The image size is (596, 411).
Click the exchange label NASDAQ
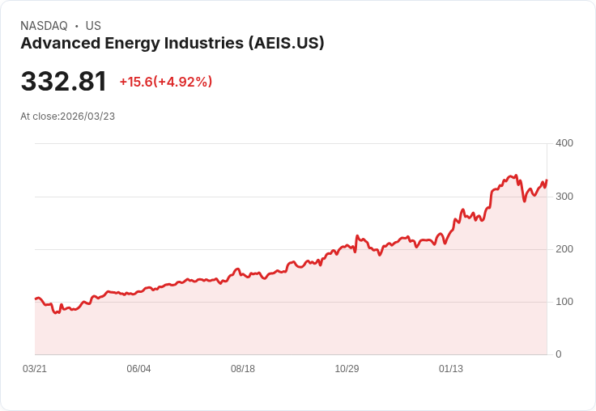tap(44, 26)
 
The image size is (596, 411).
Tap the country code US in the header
tap(93, 26)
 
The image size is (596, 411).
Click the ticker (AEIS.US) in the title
tap(286, 44)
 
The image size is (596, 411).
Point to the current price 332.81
tap(63, 82)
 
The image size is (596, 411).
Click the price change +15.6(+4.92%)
tap(165, 82)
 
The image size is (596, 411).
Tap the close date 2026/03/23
tap(87, 117)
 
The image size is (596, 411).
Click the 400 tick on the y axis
tap(564, 143)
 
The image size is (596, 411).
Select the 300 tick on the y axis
tap(564, 197)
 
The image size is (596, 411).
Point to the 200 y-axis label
tap(564, 249)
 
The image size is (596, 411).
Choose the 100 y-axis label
tap(564, 302)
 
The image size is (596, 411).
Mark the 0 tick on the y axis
tap(558, 354)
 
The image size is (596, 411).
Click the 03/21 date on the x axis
tap(35, 369)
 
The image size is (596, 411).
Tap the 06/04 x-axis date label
tap(138, 369)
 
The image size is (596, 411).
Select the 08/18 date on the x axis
tap(243, 369)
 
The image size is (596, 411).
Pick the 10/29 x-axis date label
tap(347, 369)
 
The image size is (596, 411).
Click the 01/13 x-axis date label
tap(451, 369)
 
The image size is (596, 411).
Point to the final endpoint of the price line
tap(547, 180)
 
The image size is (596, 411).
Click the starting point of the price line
tap(35, 299)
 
